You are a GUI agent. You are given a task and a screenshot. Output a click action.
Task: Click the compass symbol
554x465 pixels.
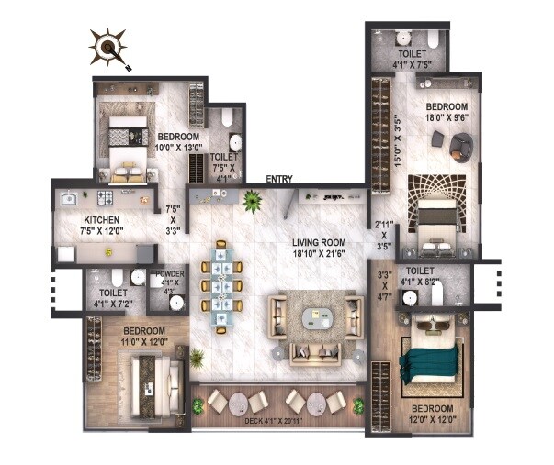click(111, 48)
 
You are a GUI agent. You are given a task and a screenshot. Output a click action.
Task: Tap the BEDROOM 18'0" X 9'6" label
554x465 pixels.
click(447, 112)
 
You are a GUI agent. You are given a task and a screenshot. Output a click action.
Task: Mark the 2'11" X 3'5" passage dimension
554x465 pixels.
click(384, 235)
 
